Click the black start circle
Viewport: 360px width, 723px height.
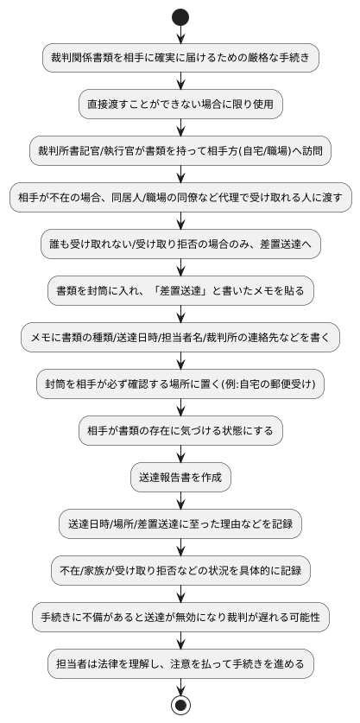pyautogui.click(x=180, y=16)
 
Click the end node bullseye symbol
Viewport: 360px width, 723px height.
pyautogui.click(x=180, y=705)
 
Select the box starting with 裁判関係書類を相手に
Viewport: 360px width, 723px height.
pyautogui.click(x=180, y=58)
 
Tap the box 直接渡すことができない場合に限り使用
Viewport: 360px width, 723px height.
pyautogui.click(x=180, y=105)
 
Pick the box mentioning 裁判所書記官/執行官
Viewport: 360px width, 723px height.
pyautogui.click(x=180, y=151)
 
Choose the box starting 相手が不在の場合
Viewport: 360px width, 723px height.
pyautogui.click(x=180, y=198)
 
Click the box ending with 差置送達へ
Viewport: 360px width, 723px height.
pyautogui.click(x=180, y=244)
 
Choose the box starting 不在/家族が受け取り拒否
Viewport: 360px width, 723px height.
pyautogui.click(x=180, y=571)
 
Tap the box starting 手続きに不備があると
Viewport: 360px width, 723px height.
pyautogui.click(x=180, y=618)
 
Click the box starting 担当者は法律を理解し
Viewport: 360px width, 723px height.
pyautogui.click(x=180, y=664)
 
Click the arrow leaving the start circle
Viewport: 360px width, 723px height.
pyautogui.click(x=180, y=34)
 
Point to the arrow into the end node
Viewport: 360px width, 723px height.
pyautogui.click(x=180, y=687)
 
